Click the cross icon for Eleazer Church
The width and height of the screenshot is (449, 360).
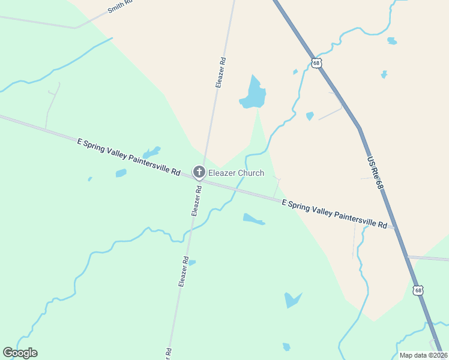point(199,173)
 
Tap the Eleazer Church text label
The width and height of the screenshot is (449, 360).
point(236,173)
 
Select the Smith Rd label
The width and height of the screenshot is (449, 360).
point(119,7)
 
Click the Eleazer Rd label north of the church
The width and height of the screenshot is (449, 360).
point(221,73)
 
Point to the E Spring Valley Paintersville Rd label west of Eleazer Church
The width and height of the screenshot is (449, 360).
point(129,157)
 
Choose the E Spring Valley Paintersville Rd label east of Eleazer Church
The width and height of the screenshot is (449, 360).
point(334,214)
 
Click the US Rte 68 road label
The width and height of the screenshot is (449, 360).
point(375,174)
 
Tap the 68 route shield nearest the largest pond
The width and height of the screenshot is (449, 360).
point(317,62)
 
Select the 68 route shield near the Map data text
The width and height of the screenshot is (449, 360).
point(418,290)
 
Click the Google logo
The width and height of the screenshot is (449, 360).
point(20,353)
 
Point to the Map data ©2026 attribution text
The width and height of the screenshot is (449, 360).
point(423,355)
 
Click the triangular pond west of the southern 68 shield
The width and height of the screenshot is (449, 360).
point(292,299)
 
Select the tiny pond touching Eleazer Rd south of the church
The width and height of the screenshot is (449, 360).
point(191,262)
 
